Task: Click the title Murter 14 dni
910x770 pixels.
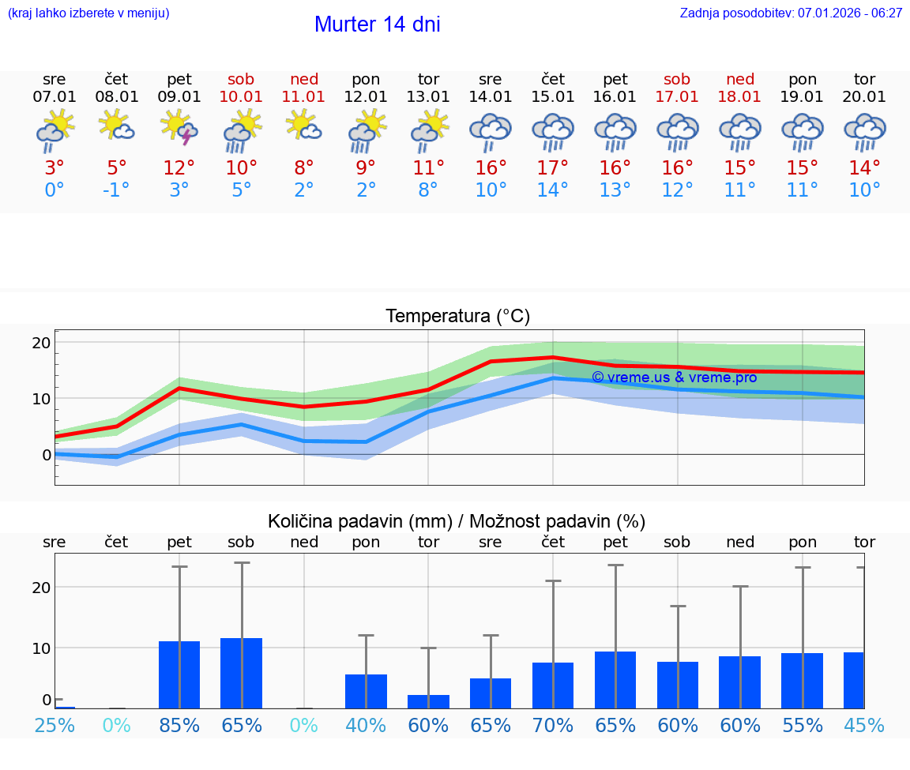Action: pos(377,24)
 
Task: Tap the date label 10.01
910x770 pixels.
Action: pos(242,97)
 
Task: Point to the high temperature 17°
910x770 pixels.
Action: pos(553,168)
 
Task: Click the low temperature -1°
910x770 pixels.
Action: pos(116,190)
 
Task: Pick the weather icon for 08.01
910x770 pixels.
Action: pos(116,126)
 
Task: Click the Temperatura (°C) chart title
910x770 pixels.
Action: pos(457,317)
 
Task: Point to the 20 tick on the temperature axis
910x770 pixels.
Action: pos(41,343)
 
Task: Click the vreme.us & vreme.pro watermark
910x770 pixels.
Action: pos(674,377)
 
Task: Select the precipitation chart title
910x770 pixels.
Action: pos(457,521)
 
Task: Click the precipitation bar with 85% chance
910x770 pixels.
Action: pos(179,674)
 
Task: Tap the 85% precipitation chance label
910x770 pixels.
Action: pos(179,725)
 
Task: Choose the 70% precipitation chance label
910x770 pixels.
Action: pos(553,725)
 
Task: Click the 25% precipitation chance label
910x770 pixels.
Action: pos(55,725)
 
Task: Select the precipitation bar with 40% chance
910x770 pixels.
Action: pos(366,691)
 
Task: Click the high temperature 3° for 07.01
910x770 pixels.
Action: pos(55,168)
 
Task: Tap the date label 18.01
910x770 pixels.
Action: pos(740,97)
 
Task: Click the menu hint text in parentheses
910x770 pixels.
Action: pos(88,13)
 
